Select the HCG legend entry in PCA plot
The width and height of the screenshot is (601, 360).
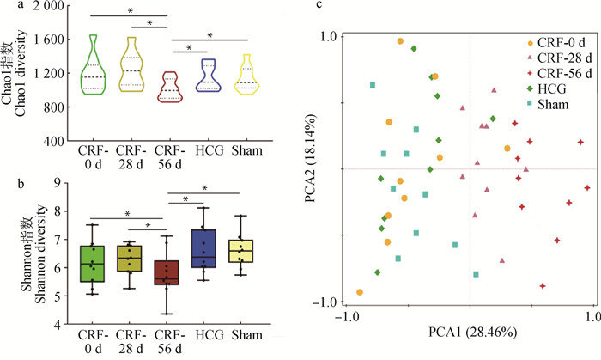(x=549, y=88)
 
